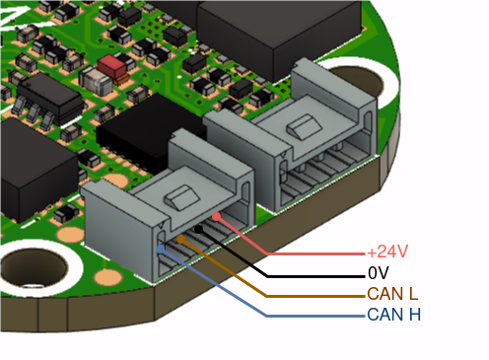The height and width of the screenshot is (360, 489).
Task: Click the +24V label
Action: pos(387,252)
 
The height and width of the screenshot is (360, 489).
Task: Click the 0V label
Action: pos(379,273)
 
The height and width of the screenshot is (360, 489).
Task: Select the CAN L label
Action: pos(392,294)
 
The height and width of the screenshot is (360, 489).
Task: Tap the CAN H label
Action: pos(393,315)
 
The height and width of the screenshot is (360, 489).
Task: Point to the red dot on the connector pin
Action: pos(216,217)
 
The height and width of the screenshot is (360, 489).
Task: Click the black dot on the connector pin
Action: pos(198,229)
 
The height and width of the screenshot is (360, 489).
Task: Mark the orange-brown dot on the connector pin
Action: pos(180,240)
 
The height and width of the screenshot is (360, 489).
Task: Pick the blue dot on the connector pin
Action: pos(161,250)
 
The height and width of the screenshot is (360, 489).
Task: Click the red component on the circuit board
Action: pos(111,66)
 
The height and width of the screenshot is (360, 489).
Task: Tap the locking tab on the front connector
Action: pos(182,197)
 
